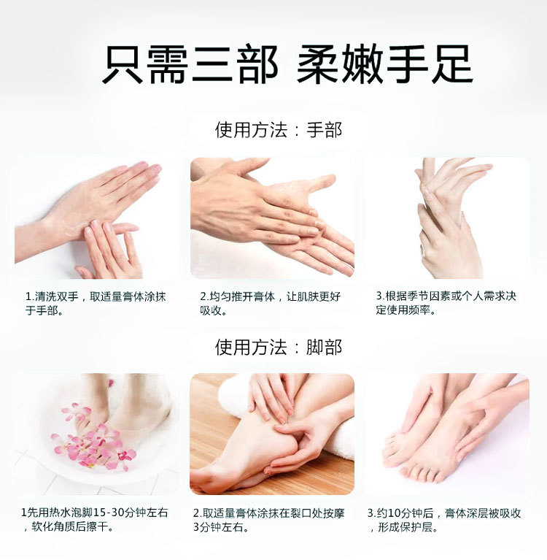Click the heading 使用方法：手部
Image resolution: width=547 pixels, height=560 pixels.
[x=279, y=130]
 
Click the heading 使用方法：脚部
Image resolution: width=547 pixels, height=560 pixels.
[x=279, y=347]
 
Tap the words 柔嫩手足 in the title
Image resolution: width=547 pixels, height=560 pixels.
[x=384, y=65]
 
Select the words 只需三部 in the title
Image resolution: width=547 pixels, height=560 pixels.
[x=190, y=65]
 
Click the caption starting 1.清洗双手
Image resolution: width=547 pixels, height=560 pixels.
[x=96, y=304]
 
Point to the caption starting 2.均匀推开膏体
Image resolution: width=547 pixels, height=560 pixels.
[x=270, y=304]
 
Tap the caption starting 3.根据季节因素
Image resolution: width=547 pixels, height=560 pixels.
[x=446, y=303]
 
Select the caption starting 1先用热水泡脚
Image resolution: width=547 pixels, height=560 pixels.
[x=95, y=520]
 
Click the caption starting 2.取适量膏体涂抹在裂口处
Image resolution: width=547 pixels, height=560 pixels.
[x=268, y=520]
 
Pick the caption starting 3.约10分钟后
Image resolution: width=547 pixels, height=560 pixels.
[x=444, y=520]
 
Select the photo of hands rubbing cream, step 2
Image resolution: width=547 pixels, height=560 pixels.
[x=272, y=218]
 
